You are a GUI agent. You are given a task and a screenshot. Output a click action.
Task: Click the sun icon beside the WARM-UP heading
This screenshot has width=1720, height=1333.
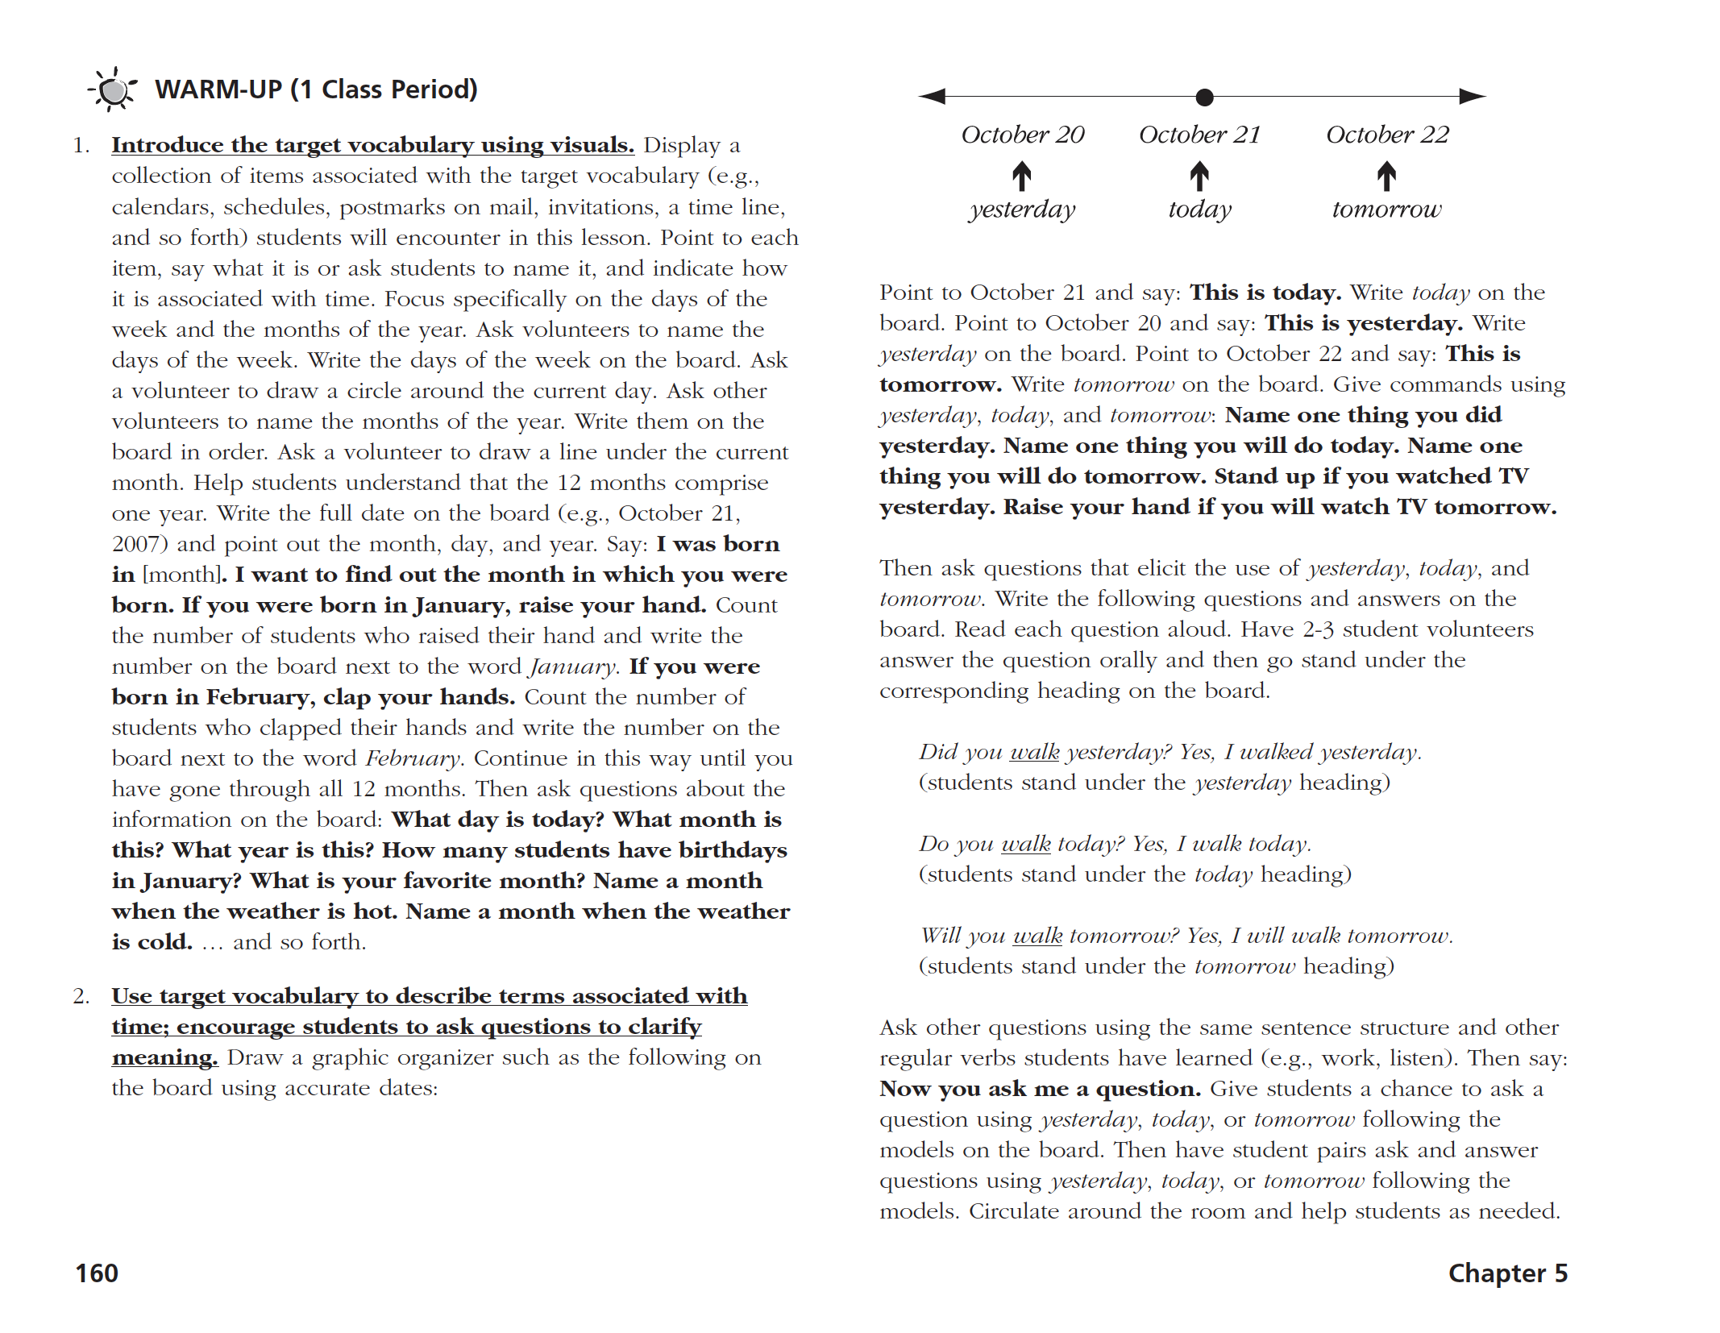tap(114, 89)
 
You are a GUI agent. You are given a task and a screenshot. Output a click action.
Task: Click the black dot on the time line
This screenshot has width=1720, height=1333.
tap(1204, 98)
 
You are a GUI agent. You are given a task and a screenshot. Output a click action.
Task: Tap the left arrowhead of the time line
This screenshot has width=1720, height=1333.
tap(932, 97)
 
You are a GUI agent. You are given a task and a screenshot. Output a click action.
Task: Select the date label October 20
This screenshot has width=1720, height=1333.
tap(1022, 135)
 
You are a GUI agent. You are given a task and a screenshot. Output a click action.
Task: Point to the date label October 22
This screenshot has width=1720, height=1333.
tap(1387, 135)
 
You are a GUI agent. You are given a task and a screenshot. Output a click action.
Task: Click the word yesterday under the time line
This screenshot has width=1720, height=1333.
tap(1022, 210)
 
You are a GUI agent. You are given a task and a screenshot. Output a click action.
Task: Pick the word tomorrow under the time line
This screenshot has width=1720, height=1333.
tap(1386, 210)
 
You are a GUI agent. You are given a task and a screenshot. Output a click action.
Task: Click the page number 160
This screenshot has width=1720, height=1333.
tap(97, 1273)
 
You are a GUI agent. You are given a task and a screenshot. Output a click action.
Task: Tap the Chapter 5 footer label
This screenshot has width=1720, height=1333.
tap(1507, 1273)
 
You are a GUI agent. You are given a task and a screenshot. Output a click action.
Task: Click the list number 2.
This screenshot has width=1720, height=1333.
tap(81, 997)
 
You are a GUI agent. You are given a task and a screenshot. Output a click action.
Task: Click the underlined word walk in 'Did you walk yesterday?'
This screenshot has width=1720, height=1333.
tap(1034, 752)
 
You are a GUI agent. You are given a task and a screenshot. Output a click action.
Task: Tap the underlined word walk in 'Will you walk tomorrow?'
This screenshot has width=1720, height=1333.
tap(1037, 936)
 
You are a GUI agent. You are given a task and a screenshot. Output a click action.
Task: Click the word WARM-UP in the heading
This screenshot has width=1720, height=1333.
tap(218, 89)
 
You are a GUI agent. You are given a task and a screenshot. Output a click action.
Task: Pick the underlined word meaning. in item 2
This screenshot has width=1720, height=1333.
tap(164, 1057)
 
